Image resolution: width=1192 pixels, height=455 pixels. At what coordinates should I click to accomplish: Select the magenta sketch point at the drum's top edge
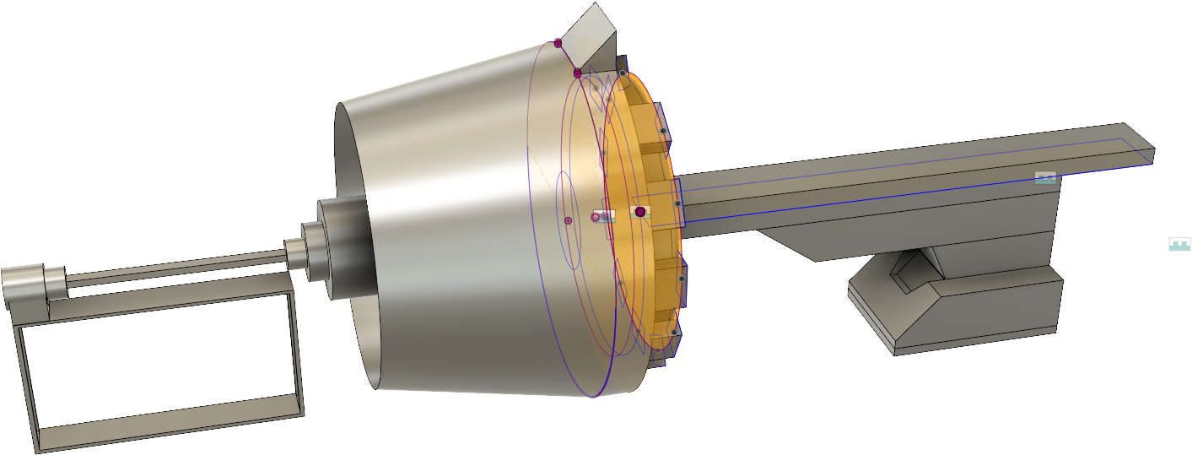558,43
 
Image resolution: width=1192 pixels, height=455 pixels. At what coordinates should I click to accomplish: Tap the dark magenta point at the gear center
640,212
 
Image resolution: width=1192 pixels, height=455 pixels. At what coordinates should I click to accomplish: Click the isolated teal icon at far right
1179,244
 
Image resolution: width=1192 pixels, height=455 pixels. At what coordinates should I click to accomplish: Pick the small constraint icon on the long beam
1045,177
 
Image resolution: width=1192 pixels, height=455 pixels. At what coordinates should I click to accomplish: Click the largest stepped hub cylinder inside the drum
342,249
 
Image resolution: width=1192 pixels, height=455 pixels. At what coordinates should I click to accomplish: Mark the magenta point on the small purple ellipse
568,220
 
